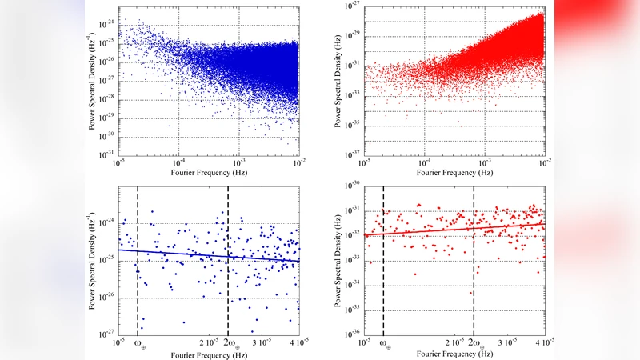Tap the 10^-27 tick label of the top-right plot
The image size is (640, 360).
(354, 6)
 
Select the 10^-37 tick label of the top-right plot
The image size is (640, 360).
(354, 154)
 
